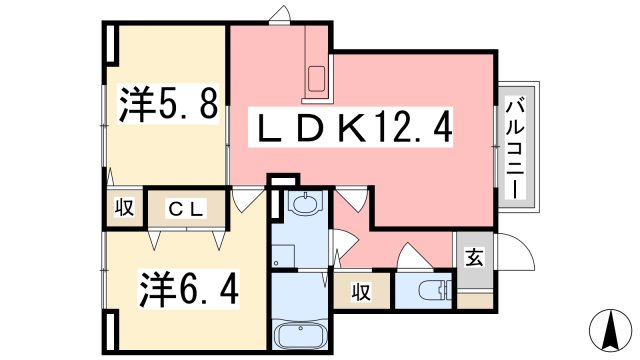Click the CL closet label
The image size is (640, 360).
click(x=186, y=209)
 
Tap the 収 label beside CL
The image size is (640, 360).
click(x=123, y=209)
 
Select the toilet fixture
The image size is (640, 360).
click(x=432, y=291)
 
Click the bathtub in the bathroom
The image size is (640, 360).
click(x=301, y=334)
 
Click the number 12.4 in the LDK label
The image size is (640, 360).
click(x=418, y=128)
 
